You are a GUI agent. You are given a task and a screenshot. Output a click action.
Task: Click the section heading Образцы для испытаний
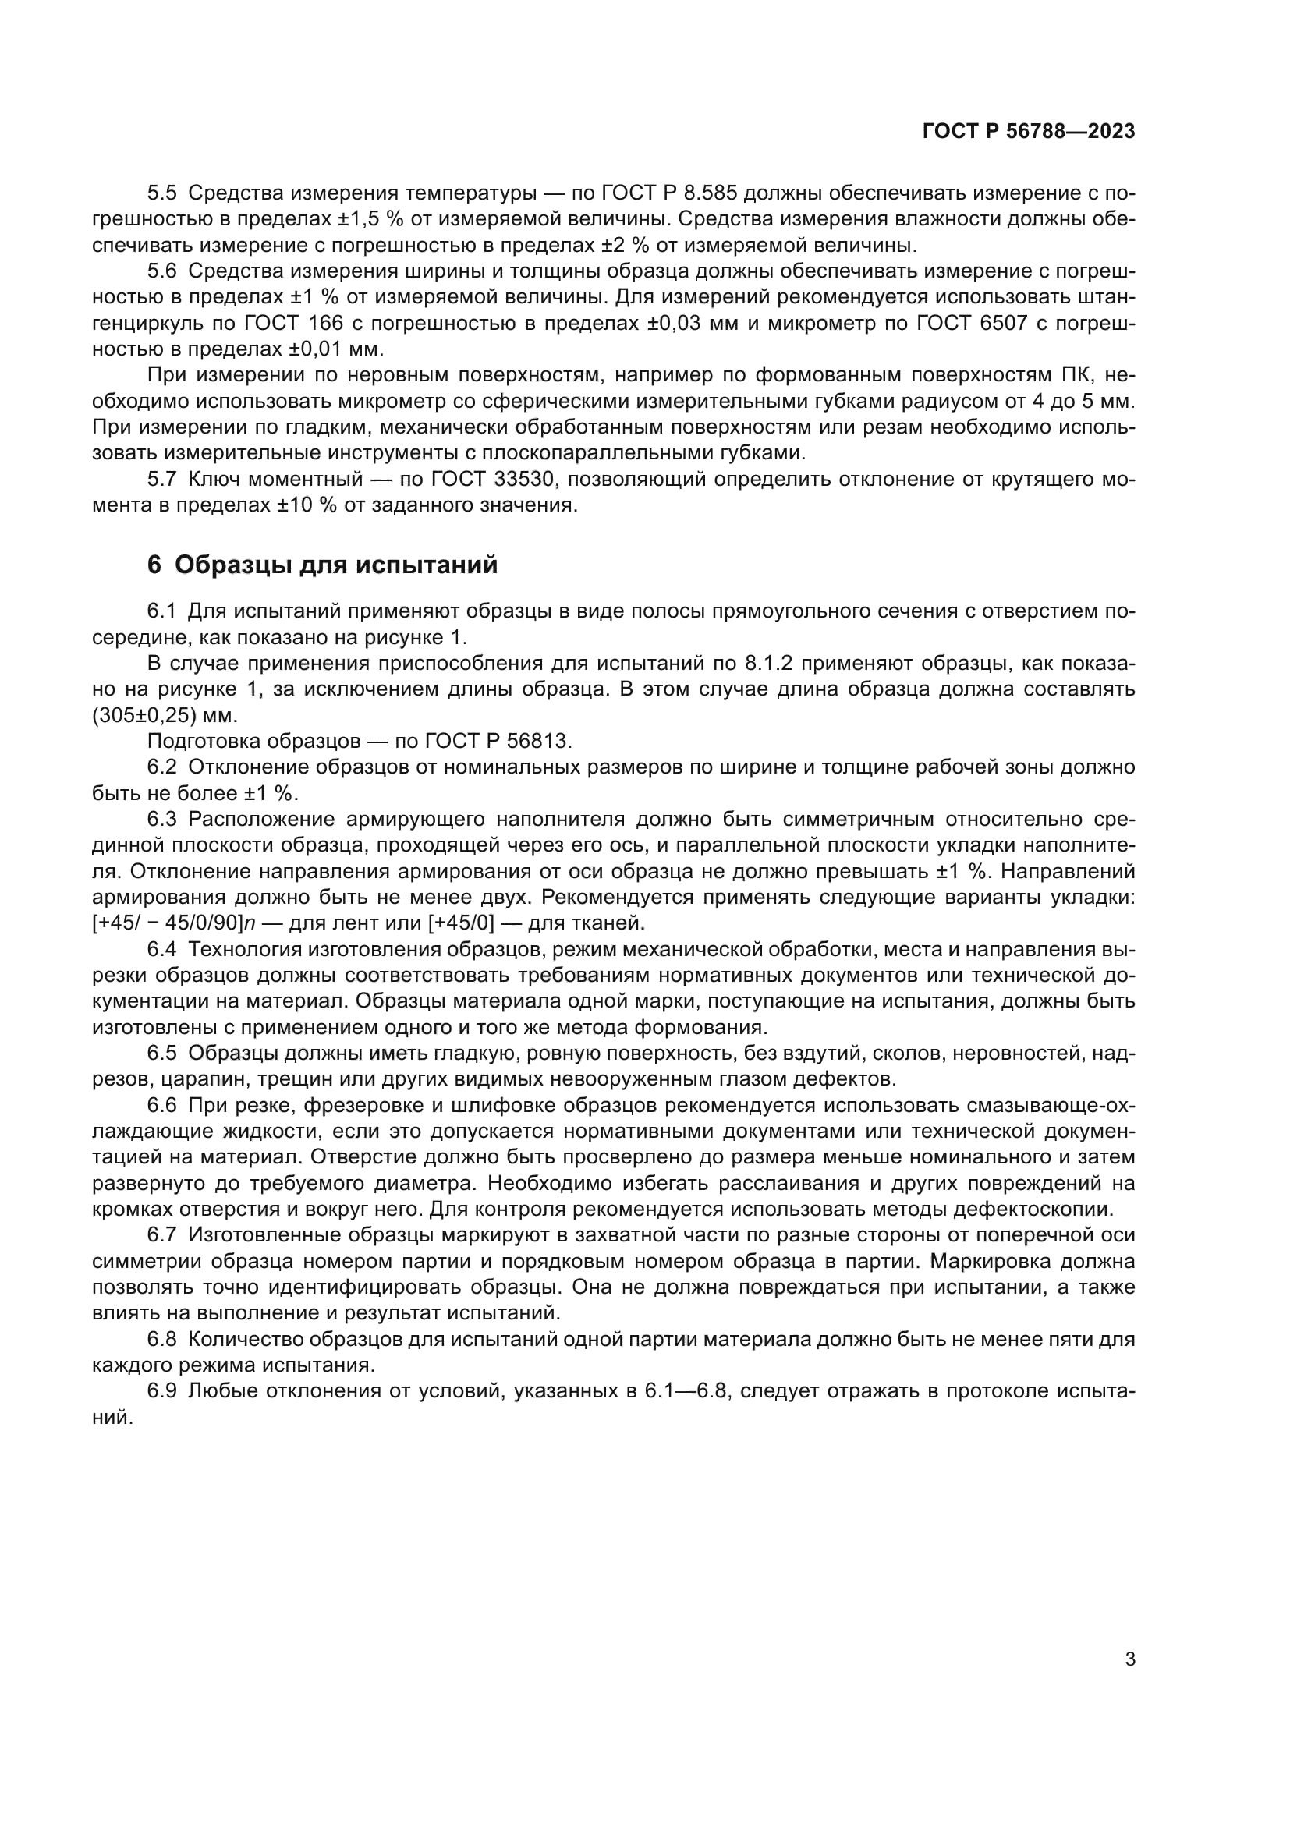click(336, 565)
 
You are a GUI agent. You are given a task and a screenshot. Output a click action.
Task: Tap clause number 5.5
click(162, 193)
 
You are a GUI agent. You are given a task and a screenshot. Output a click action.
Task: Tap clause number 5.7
click(162, 479)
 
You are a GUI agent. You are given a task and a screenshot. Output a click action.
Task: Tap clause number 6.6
click(162, 1106)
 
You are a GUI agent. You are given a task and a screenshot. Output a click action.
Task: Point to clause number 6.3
click(162, 819)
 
